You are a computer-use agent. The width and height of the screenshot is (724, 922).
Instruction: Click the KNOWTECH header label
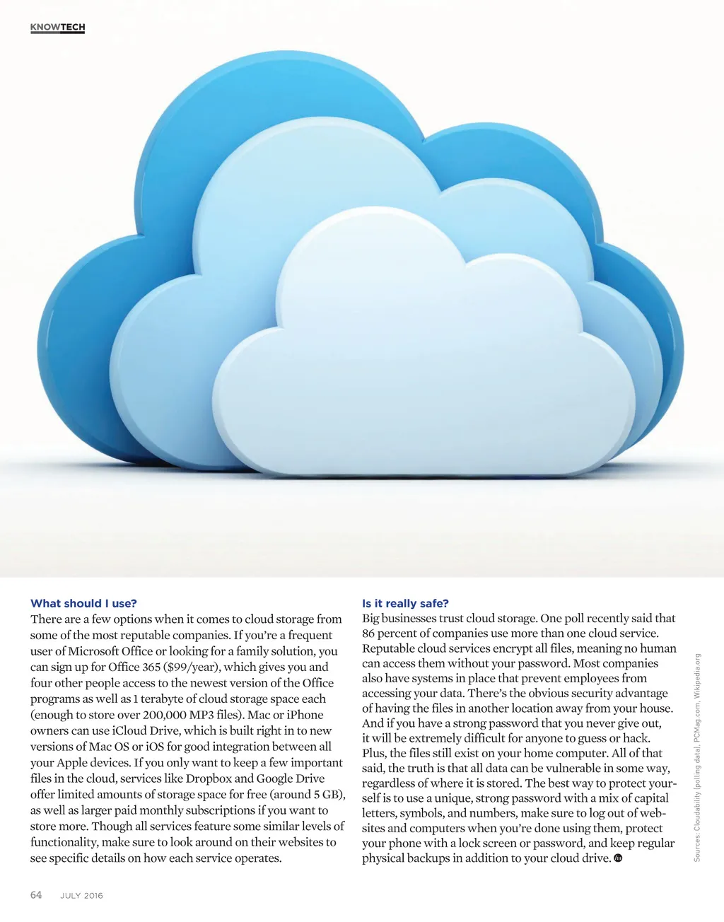coord(57,28)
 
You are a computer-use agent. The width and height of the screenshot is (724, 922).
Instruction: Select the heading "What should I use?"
coord(83,603)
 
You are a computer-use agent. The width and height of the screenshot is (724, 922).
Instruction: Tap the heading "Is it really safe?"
coord(405,603)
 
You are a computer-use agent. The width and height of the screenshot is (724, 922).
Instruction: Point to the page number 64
coord(36,895)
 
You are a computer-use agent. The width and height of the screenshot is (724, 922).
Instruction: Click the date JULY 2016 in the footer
coord(81,896)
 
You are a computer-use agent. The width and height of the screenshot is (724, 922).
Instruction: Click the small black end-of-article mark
coord(618,858)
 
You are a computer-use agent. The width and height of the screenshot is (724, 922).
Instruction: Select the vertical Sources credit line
coord(697,757)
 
